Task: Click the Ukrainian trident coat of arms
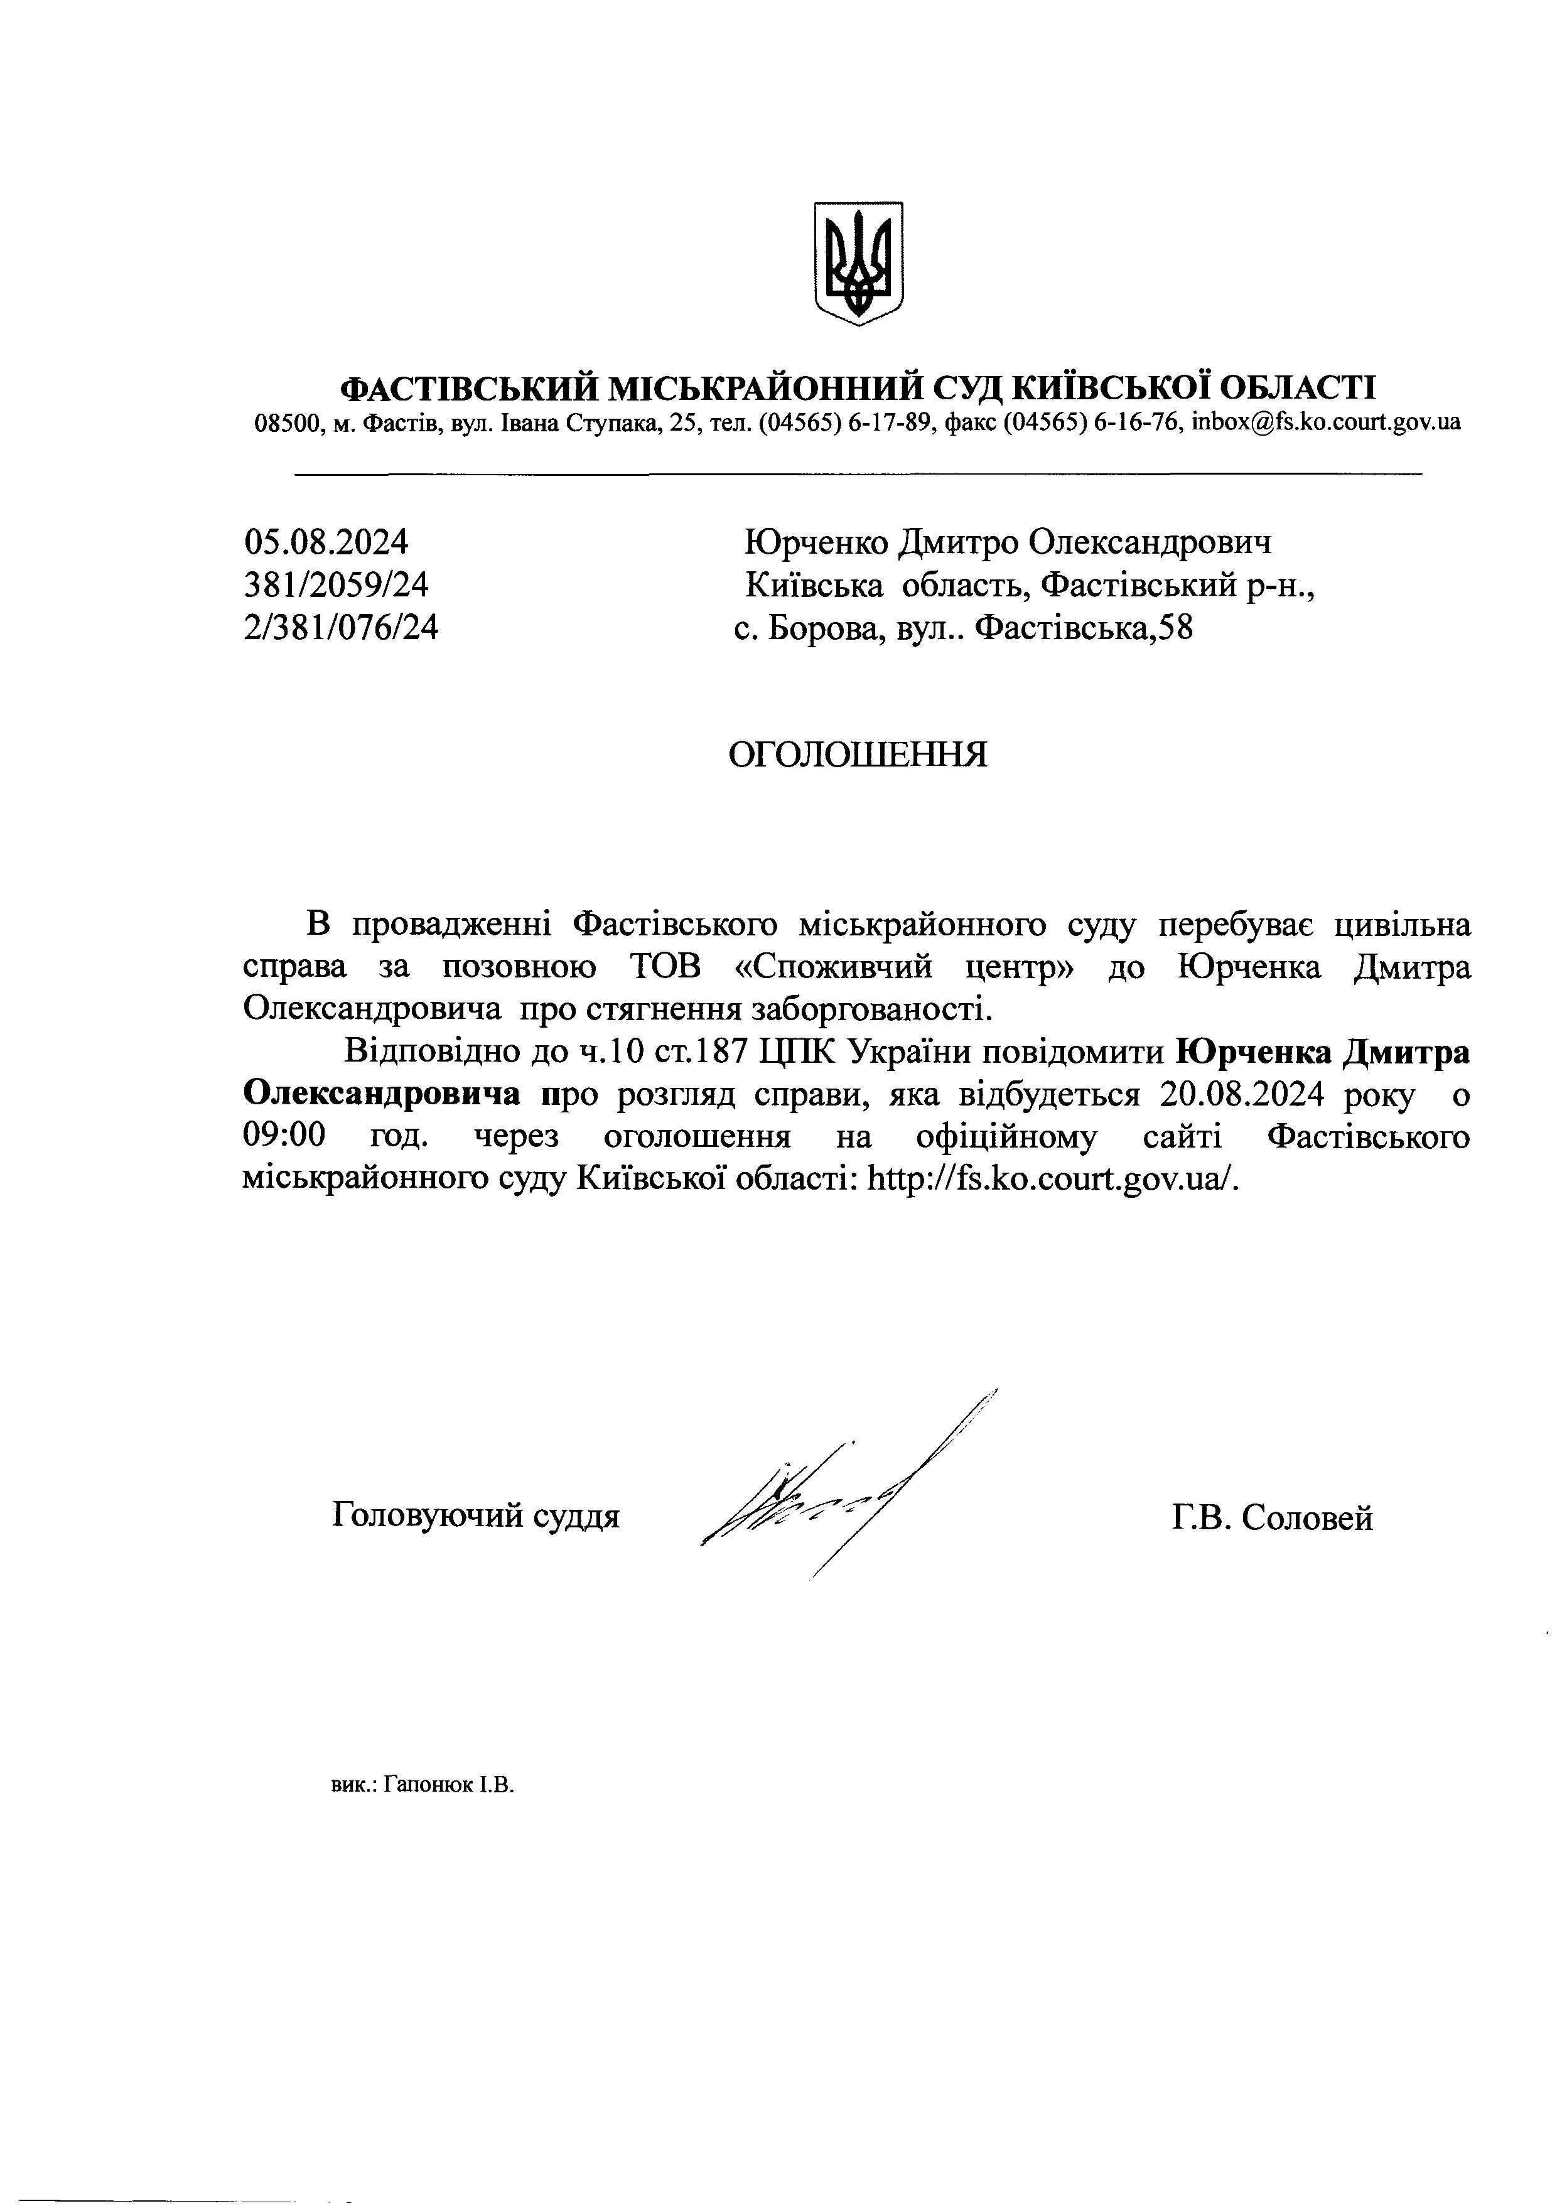(858, 262)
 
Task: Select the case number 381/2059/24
(337, 584)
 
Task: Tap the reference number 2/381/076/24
(342, 627)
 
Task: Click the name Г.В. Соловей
(1273, 1517)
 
